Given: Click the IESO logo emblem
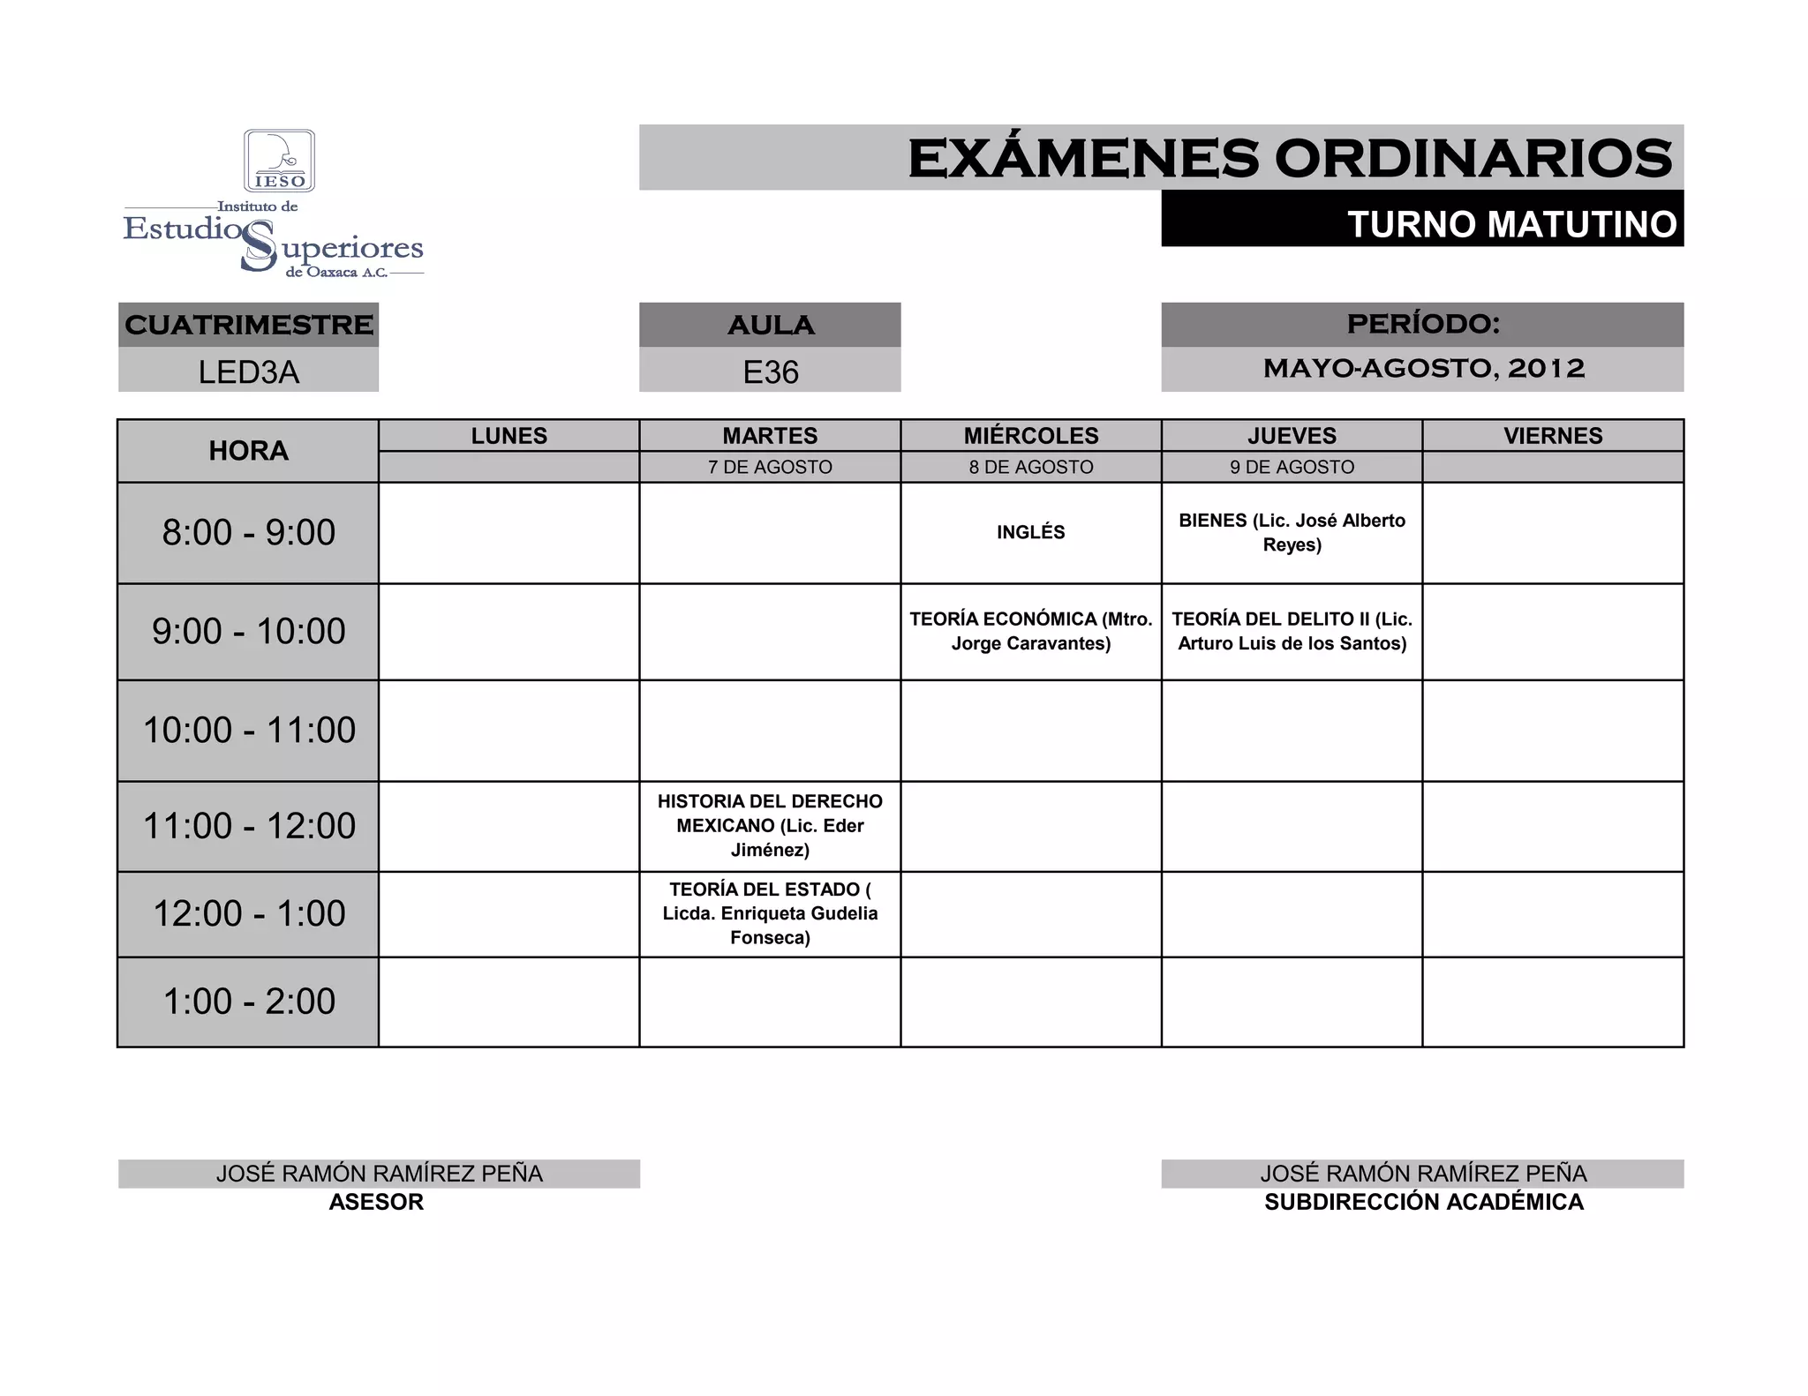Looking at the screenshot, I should [x=279, y=161].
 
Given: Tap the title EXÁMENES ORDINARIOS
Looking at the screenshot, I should [x=1289, y=159].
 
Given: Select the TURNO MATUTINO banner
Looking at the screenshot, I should [x=1510, y=224].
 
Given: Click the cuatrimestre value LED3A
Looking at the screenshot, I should [x=248, y=372].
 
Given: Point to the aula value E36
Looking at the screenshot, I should [x=770, y=372].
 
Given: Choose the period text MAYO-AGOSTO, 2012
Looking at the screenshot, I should [x=1423, y=368].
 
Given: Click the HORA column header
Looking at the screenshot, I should [x=248, y=451].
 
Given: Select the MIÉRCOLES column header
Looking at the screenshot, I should [x=1030, y=436].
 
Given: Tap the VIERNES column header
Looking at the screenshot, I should [x=1552, y=436].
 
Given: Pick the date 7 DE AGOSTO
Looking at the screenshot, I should [x=770, y=467].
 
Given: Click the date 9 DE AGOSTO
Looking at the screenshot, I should [x=1292, y=467].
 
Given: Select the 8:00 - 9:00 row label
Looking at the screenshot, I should [x=248, y=532].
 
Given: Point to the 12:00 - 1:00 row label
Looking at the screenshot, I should [x=248, y=913].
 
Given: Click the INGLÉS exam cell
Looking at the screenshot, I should [x=1030, y=532].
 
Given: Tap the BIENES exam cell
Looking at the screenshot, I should [x=1292, y=532].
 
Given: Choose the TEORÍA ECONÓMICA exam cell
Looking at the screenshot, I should [x=1030, y=631].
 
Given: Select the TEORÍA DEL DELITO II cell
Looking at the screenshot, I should [x=1292, y=631].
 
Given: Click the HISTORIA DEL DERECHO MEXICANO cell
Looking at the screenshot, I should [x=770, y=825].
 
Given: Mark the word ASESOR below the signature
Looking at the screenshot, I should [x=376, y=1202].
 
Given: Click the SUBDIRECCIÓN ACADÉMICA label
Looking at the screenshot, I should [x=1423, y=1202].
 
